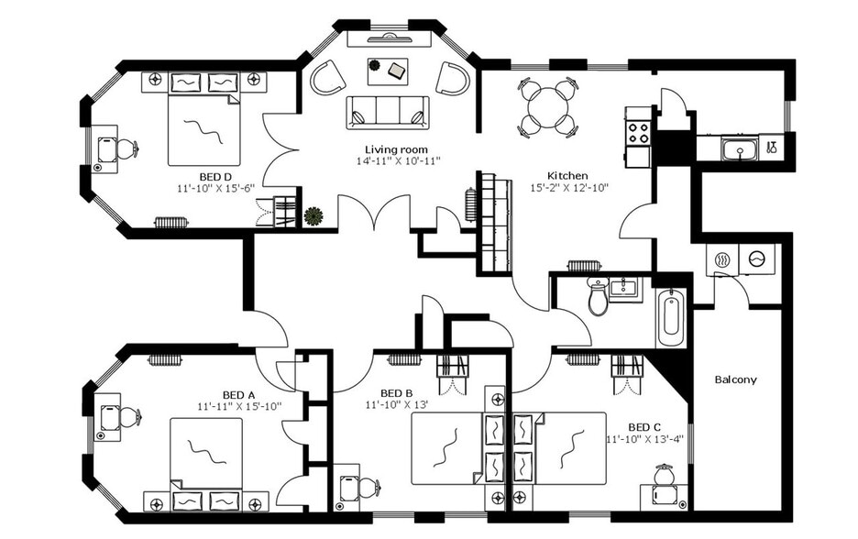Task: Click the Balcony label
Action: coord(735,379)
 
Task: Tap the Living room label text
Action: coord(396,149)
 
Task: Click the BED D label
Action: coord(214,176)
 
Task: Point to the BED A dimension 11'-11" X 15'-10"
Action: coord(238,405)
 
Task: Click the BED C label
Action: coord(644,426)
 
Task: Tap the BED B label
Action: coord(397,391)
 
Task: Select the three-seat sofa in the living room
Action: coord(387,111)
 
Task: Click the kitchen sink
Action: coord(738,148)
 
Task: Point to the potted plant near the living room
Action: coord(313,216)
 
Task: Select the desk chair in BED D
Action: coord(125,148)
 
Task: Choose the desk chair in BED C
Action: coord(663,478)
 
